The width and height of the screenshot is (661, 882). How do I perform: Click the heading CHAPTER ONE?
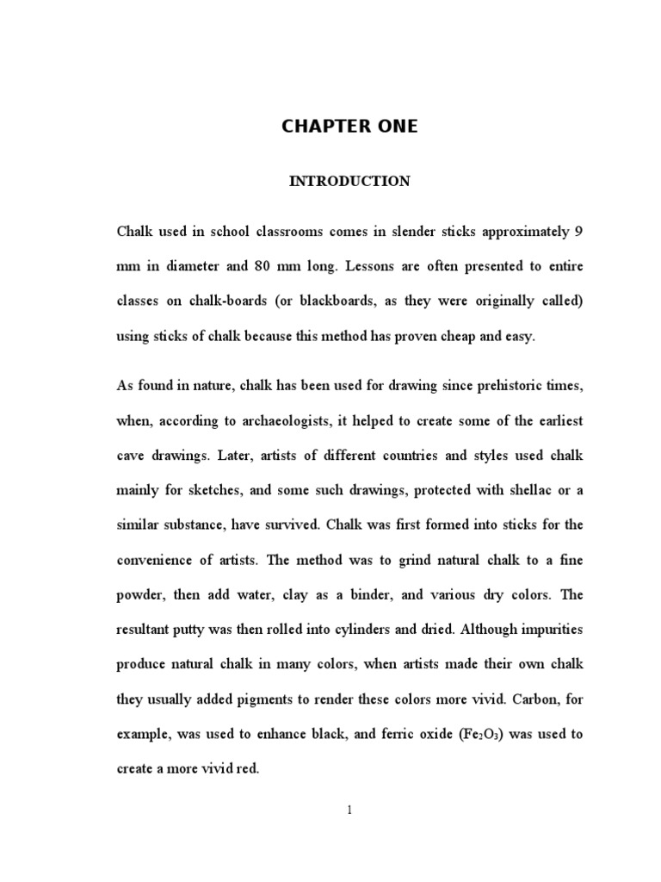[349, 127]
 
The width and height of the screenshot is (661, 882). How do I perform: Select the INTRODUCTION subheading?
[349, 182]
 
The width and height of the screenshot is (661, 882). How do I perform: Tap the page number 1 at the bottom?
[350, 810]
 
